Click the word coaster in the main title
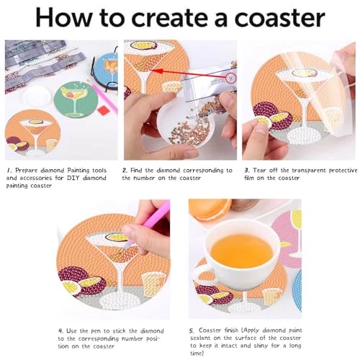(x=280, y=19)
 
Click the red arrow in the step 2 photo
(x=189, y=74)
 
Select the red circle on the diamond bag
(x=231, y=78)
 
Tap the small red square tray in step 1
(x=104, y=111)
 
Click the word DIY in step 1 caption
(x=73, y=178)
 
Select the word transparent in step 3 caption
(x=309, y=171)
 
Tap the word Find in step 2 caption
(x=136, y=171)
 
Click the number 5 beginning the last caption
(x=192, y=331)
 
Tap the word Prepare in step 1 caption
(x=27, y=171)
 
